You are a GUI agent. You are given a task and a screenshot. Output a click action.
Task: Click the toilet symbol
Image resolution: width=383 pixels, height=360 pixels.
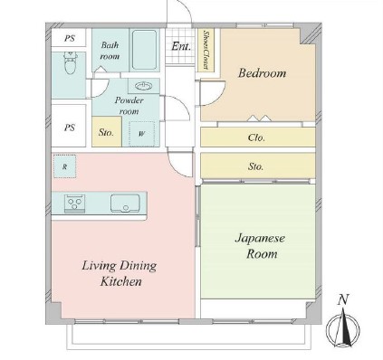(71, 62)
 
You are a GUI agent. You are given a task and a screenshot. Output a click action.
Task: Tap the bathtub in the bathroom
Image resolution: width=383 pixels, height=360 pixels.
(144, 50)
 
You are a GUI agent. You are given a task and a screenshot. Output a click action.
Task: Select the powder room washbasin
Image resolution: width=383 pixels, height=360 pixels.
(144, 86)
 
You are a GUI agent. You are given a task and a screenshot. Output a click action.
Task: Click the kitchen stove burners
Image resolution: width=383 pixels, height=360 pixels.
(74, 204)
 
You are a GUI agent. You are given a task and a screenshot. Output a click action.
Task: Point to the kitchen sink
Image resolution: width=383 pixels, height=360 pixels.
(125, 204)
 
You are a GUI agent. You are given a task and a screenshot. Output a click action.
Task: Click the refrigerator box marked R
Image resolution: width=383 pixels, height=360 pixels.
(64, 166)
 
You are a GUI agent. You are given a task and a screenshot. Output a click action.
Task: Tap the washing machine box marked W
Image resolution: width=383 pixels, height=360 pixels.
(141, 134)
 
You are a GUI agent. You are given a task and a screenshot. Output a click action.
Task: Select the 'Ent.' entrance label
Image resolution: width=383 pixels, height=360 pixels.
(181, 46)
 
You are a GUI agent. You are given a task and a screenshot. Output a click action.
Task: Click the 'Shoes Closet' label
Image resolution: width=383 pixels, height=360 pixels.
(206, 50)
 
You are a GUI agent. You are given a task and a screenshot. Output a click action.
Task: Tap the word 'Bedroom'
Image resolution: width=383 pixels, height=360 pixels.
(262, 73)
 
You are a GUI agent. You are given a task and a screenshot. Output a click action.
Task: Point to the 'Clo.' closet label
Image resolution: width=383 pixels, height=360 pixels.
(256, 137)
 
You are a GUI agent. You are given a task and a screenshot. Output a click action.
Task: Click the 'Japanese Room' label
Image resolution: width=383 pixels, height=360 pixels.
(260, 246)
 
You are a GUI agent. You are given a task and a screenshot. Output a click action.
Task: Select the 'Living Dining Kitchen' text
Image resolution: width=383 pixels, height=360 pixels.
(120, 273)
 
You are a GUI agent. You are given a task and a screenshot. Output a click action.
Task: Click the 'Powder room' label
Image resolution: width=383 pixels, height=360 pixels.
(129, 106)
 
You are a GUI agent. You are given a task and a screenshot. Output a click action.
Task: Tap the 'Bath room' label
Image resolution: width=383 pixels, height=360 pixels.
(110, 51)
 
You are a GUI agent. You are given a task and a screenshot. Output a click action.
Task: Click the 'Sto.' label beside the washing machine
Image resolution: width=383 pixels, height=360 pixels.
(106, 132)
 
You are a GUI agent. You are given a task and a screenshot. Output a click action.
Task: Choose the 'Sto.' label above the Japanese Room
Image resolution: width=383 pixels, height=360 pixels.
(255, 166)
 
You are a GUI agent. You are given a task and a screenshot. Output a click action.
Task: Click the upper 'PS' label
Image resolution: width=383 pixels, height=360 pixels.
(70, 39)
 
